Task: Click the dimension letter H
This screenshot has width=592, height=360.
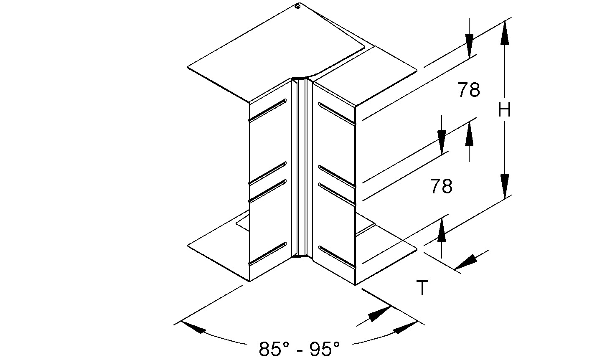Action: pos(505,111)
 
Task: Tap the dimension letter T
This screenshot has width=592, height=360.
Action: pos(423,288)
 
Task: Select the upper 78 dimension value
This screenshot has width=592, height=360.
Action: pos(469,90)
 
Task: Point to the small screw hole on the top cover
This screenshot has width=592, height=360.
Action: pos(297,7)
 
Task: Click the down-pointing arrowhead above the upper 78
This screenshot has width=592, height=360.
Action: pos(469,44)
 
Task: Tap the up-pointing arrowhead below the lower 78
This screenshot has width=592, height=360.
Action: pos(442,232)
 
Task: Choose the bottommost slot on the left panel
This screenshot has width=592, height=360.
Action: pos(267,254)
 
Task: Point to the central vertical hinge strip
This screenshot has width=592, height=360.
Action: pos(302,167)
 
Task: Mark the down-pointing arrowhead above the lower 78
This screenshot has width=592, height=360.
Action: pos(442,140)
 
